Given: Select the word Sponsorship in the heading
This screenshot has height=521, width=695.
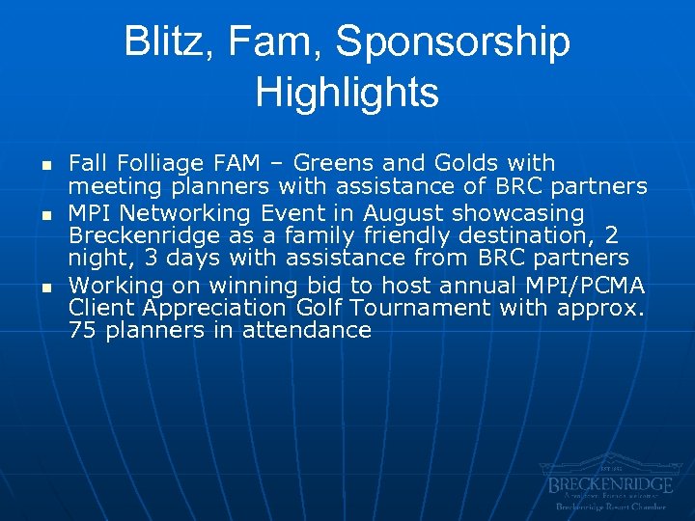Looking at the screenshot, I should pyautogui.click(x=453, y=42).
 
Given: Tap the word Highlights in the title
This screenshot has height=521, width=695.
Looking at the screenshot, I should pyautogui.click(x=347, y=93).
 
